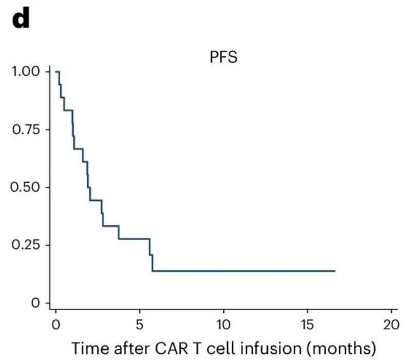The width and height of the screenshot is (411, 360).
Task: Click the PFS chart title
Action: click(x=223, y=57)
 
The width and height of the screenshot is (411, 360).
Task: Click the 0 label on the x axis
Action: click(x=56, y=326)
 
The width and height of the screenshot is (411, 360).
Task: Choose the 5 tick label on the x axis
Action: click(x=140, y=326)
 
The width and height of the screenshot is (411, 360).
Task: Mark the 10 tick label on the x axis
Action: click(x=223, y=326)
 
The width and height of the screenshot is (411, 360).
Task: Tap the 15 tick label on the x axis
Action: click(x=307, y=326)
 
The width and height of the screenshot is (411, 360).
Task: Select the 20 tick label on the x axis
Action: click(x=391, y=326)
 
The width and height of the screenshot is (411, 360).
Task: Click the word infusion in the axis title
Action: click(x=260, y=348)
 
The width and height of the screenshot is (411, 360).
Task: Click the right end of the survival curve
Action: click(x=335, y=271)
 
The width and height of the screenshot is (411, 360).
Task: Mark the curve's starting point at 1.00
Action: click(x=57, y=71)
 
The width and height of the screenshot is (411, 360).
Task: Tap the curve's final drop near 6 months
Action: click(x=153, y=262)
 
